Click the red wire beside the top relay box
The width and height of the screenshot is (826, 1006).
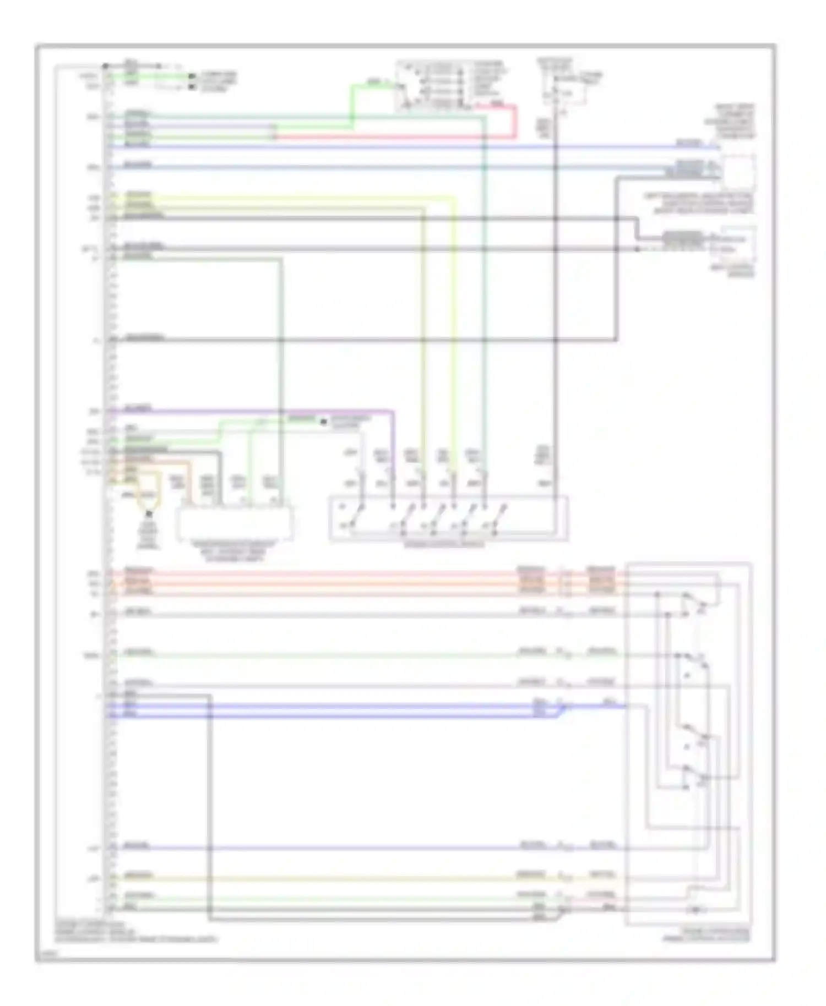[x=515, y=121]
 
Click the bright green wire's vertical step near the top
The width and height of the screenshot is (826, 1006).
[x=352, y=105]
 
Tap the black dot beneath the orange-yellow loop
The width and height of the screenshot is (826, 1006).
[x=148, y=514]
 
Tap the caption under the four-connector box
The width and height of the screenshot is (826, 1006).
[x=234, y=551]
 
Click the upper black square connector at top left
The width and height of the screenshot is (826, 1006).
[x=192, y=76]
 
